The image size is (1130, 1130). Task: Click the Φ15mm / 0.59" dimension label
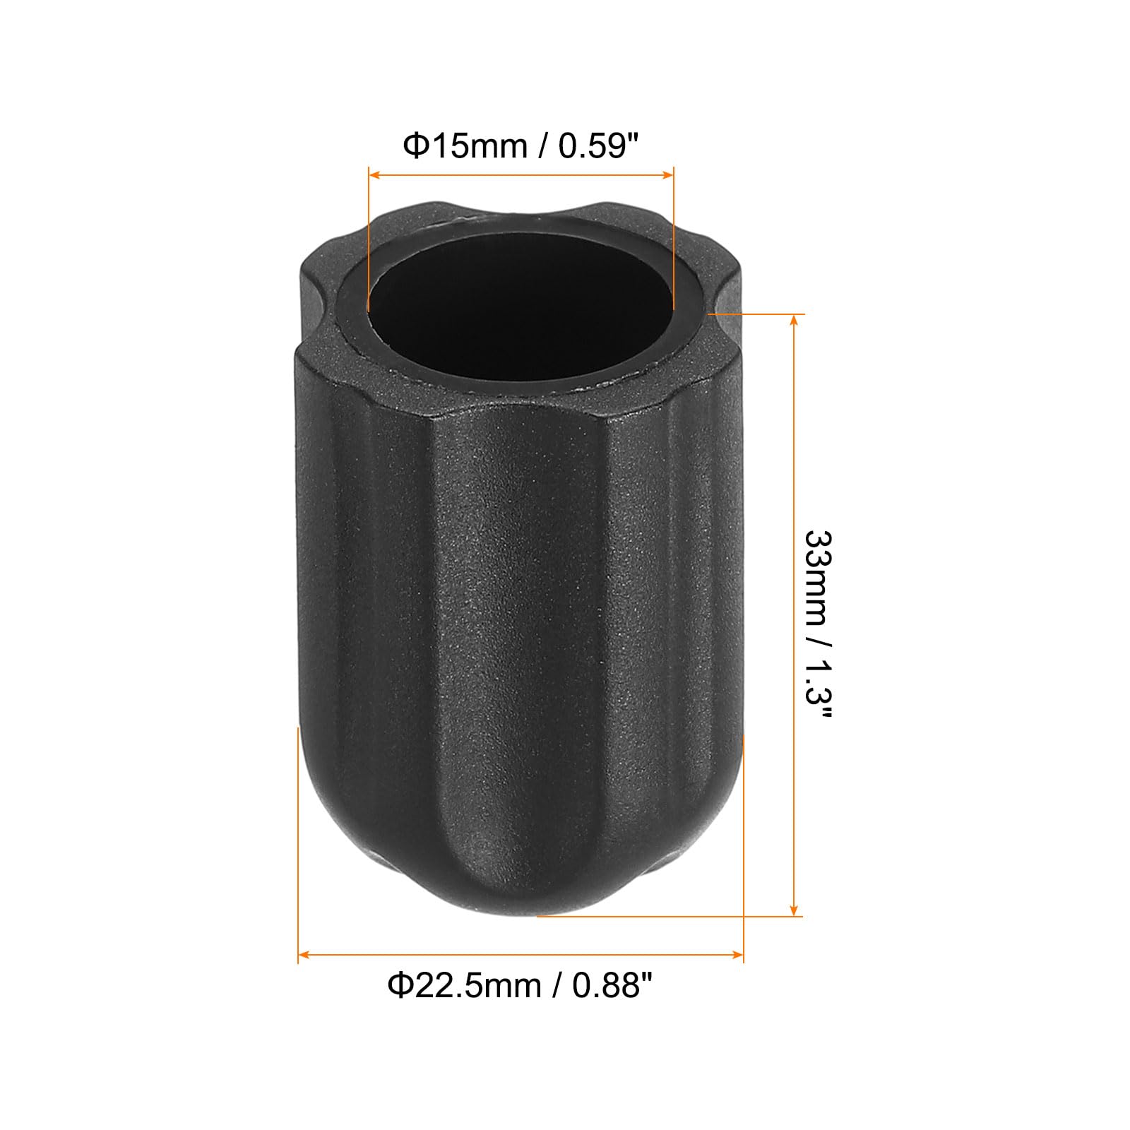click(521, 146)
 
